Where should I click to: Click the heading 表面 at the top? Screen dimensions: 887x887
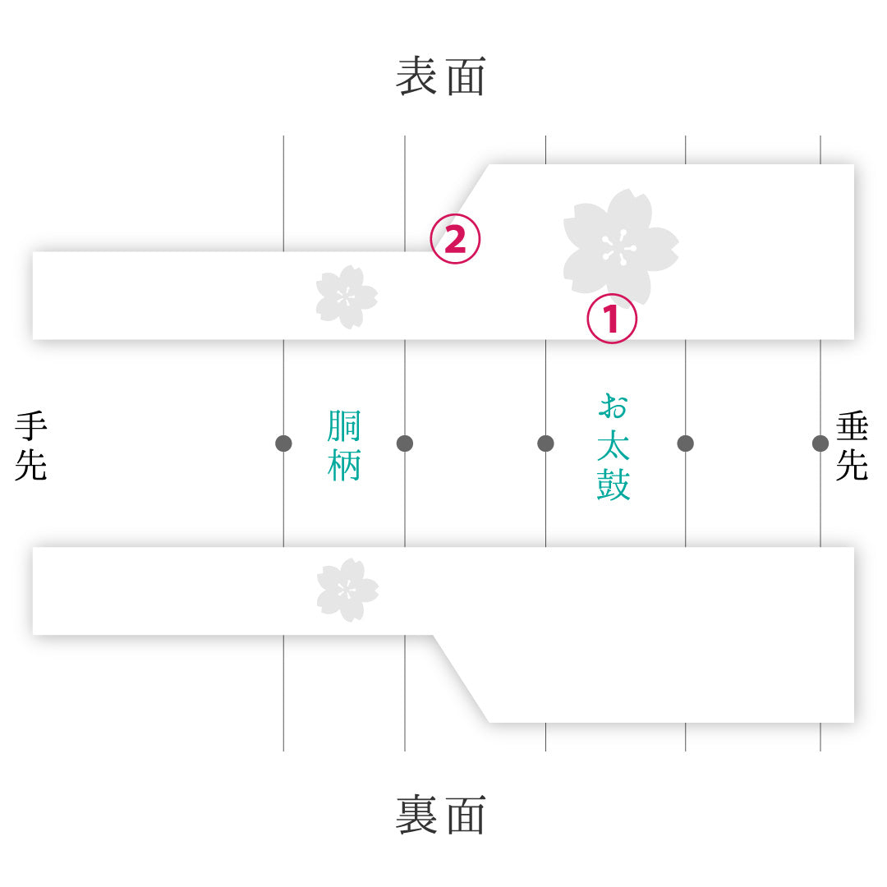pos(441,76)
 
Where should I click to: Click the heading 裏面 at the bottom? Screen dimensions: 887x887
pos(441,815)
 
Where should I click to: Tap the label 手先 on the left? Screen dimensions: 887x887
pos(30,446)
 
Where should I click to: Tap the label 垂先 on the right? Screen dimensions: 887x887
pos(852,446)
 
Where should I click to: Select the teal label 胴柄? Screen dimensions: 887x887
pos(344,446)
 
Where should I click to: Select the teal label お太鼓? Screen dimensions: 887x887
pos(614,447)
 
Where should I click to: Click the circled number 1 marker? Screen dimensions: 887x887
pos(612,319)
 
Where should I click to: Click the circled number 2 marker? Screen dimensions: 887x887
pos(455,239)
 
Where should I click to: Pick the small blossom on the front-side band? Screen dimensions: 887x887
pos(347,297)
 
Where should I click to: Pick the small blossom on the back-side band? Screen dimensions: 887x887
pos(347,590)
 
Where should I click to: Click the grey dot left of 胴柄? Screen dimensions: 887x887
pos(283,443)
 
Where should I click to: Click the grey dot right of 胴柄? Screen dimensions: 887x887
pos(404,443)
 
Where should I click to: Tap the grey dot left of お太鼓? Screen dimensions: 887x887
pos(545,443)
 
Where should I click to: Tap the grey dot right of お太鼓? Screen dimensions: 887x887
pos(685,443)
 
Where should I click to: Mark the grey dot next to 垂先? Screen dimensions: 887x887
pos(820,443)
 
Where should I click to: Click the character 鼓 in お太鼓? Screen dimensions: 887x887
pos(614,485)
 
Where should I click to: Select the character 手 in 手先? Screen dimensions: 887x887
pos(30,427)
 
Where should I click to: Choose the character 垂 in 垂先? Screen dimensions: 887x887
pos(852,427)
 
